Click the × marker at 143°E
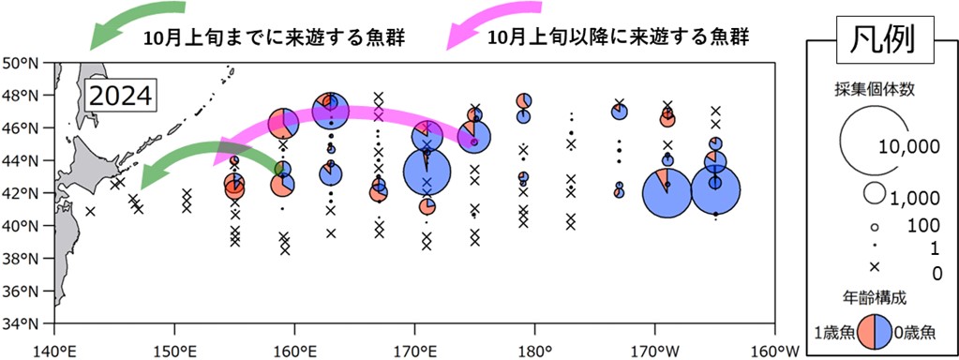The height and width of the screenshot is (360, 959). pos(90,211)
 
